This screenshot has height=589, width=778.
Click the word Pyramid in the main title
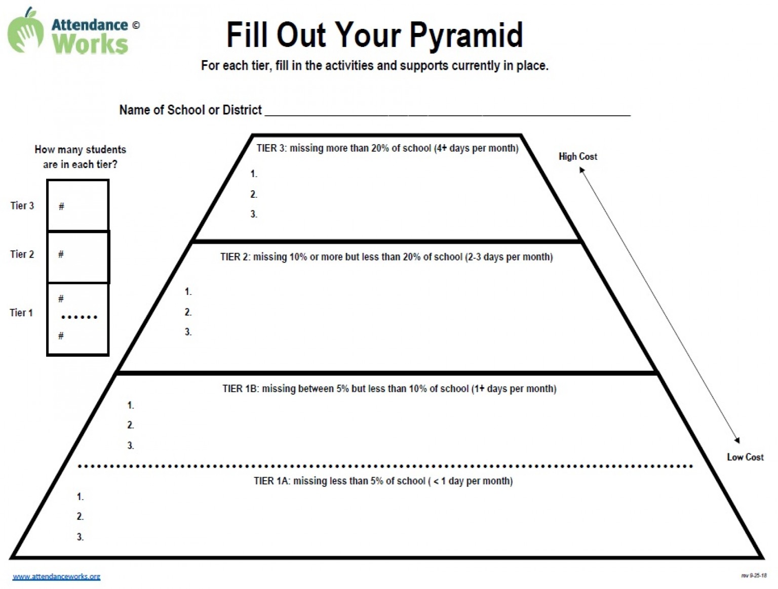click(466, 35)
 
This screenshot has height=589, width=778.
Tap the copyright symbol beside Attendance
click(136, 25)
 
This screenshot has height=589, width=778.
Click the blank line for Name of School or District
click(448, 115)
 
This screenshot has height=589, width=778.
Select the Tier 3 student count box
click(77, 205)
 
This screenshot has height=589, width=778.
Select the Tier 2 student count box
click(78, 258)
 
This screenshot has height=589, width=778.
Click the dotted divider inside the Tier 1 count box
click(80, 317)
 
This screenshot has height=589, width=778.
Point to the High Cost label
click(578, 156)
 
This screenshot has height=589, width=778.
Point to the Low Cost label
click(745, 457)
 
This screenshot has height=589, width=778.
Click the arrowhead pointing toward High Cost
click(581, 170)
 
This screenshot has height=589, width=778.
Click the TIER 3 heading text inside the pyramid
click(387, 148)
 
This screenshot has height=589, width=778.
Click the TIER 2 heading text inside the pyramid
click(386, 257)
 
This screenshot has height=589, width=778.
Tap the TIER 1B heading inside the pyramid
click(389, 389)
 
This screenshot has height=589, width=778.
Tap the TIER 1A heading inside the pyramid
click(383, 481)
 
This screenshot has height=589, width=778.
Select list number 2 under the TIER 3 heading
click(254, 194)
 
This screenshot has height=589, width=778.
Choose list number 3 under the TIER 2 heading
click(188, 331)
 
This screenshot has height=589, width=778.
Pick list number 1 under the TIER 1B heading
click(131, 405)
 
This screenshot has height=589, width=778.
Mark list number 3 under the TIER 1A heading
click(81, 537)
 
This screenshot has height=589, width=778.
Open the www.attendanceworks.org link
click(57, 576)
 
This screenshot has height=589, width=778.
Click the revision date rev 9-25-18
click(754, 575)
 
